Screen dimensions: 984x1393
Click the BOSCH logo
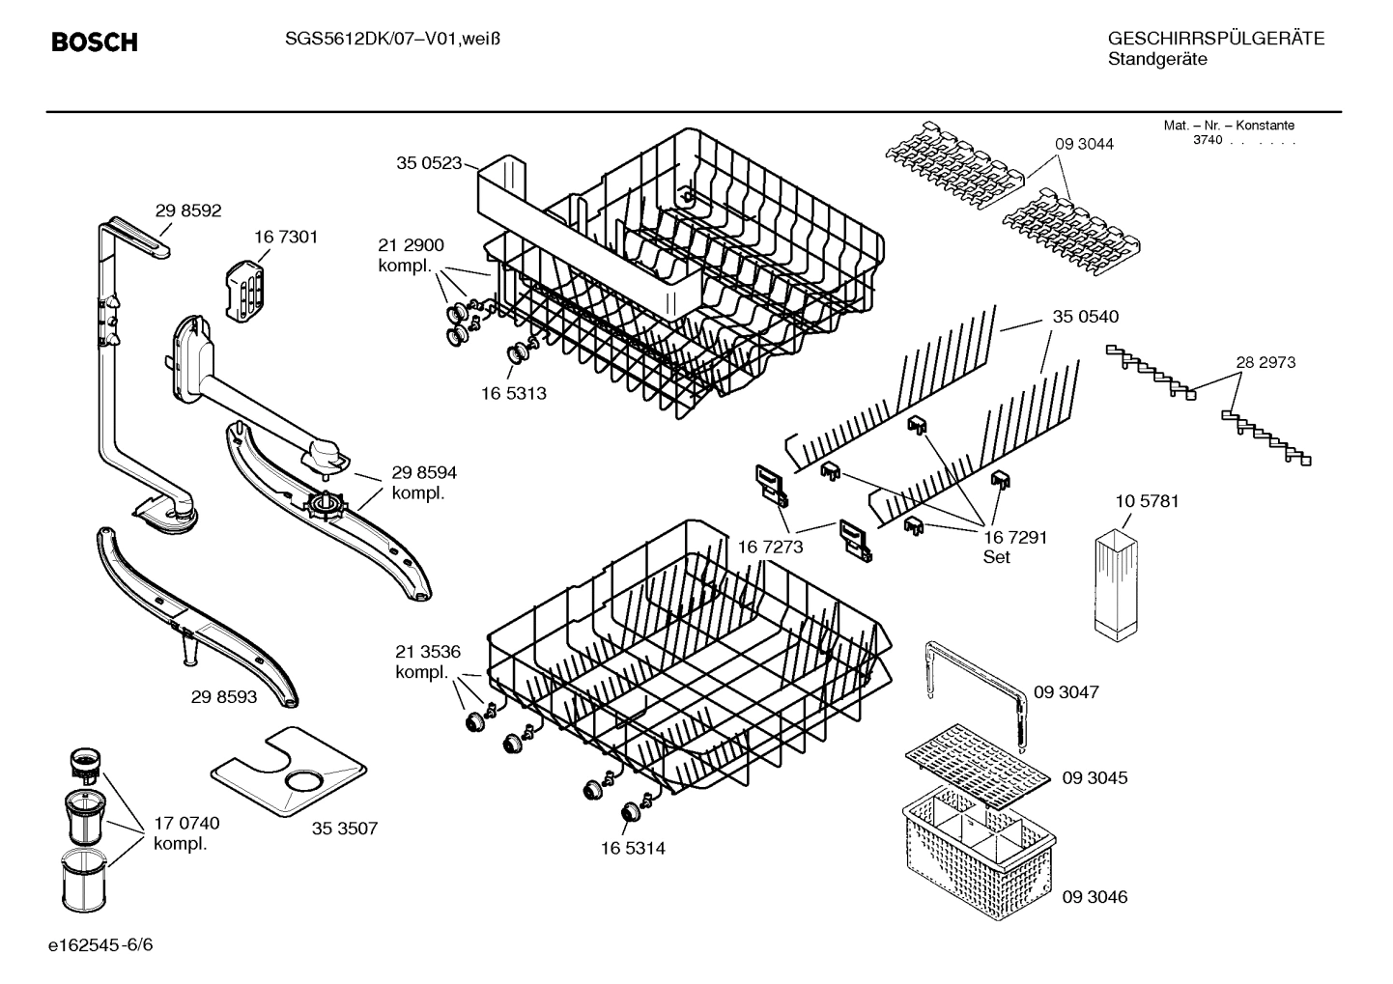coord(94,42)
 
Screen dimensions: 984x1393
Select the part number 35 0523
coord(429,163)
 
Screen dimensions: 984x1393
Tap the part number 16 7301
coord(286,237)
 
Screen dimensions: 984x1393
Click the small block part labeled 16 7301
coord(245,287)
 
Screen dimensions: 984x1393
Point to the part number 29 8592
coord(188,210)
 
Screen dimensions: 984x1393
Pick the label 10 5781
coord(1147,501)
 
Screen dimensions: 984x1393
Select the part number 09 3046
coord(1094,897)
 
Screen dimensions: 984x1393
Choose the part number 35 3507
coord(345,828)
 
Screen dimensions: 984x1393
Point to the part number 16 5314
coord(633,849)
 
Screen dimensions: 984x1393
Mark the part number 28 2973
coord(1265,362)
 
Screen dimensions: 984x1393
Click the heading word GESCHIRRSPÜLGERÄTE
coord(1215,39)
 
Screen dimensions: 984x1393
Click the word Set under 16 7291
coord(996,557)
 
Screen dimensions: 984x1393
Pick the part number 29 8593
coord(224,696)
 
